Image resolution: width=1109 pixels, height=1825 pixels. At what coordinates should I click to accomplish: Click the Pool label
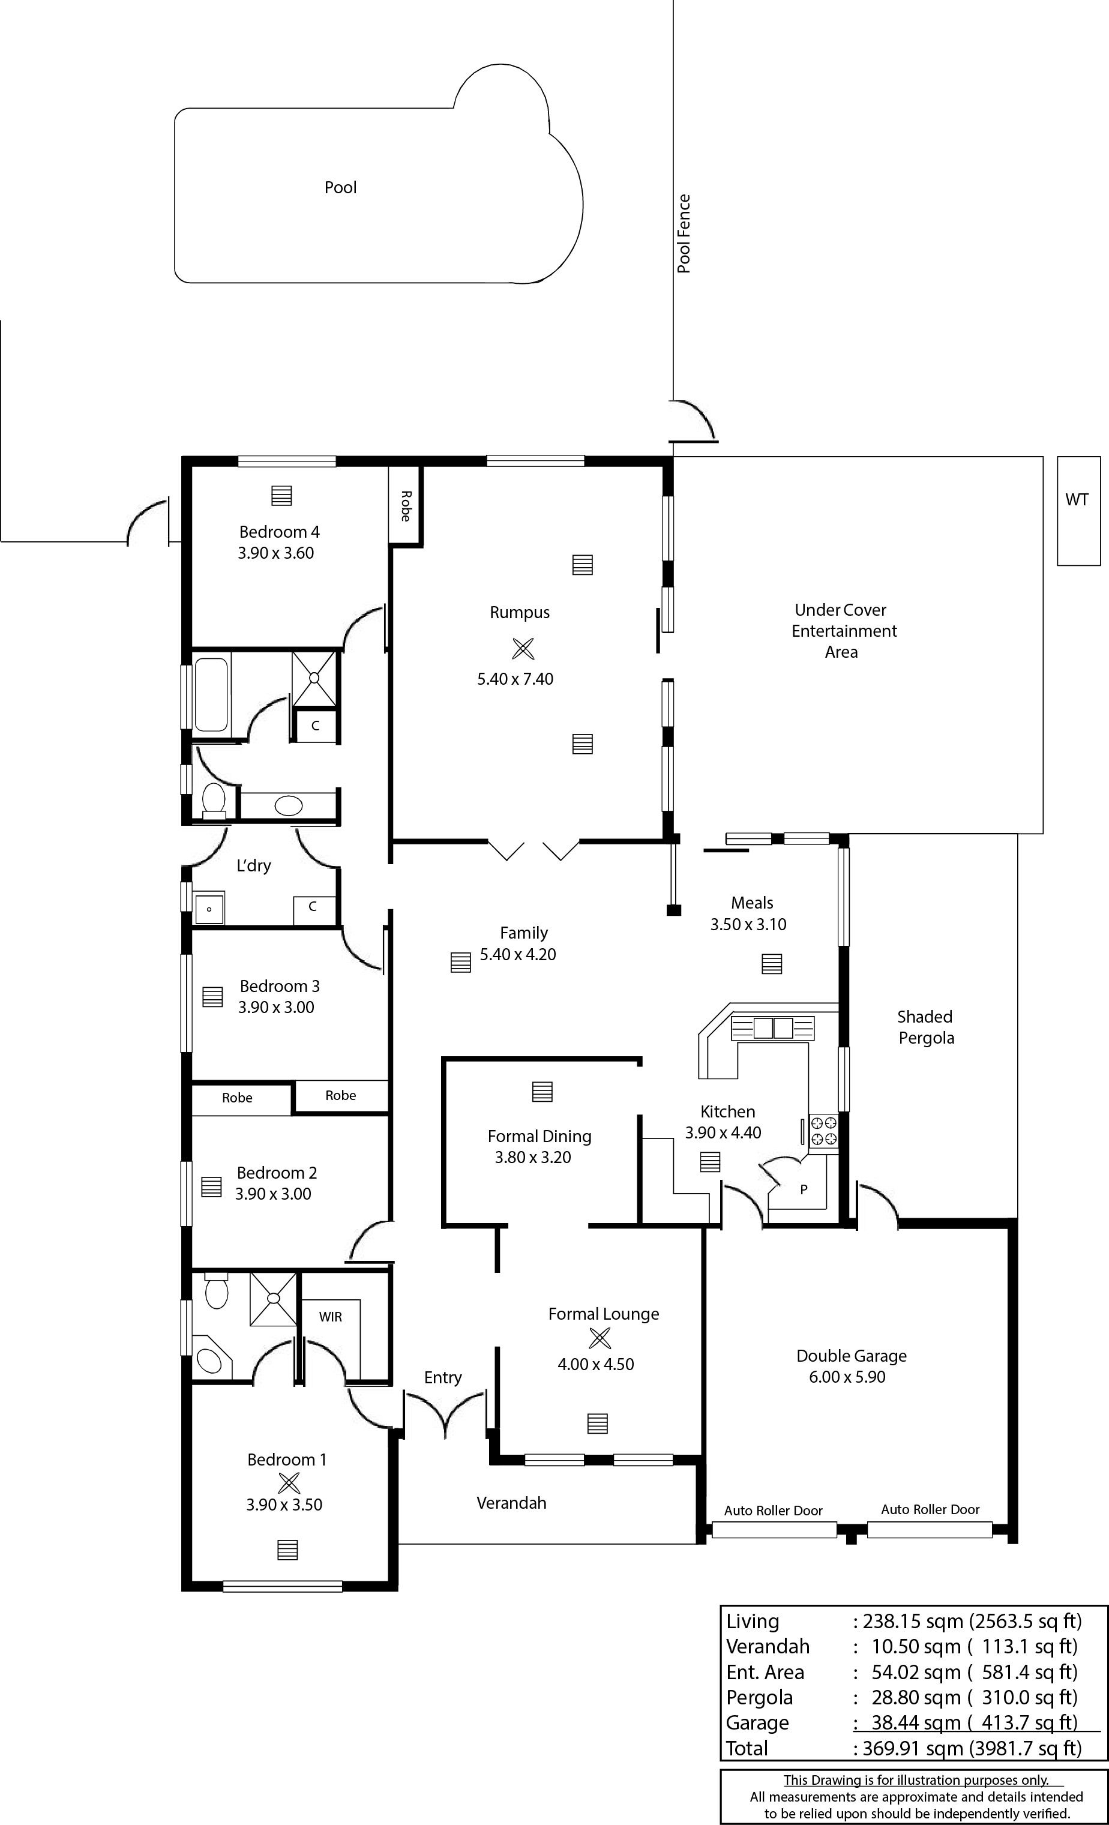click(x=340, y=187)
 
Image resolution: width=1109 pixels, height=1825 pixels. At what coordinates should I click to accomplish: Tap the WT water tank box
click(x=1078, y=511)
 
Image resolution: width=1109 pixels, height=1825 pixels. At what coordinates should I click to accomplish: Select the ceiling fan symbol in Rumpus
click(x=522, y=649)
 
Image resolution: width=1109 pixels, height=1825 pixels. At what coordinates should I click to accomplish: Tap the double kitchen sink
click(x=773, y=1028)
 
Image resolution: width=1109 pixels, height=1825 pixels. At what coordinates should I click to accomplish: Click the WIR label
click(x=331, y=1316)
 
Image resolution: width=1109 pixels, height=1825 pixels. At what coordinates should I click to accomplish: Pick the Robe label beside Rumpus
click(x=405, y=506)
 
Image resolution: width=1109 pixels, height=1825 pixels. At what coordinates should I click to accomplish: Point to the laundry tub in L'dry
click(x=209, y=908)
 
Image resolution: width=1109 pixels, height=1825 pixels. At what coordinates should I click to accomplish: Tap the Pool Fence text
click(x=684, y=234)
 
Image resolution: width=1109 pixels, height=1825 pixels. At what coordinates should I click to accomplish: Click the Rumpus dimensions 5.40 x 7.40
click(x=515, y=679)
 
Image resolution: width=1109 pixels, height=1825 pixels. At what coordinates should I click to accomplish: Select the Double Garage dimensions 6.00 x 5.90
click(x=847, y=1377)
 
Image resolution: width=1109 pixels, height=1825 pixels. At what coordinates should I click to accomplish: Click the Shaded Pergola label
click(x=925, y=1027)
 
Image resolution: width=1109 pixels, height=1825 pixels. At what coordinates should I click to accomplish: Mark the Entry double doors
click(x=445, y=1416)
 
